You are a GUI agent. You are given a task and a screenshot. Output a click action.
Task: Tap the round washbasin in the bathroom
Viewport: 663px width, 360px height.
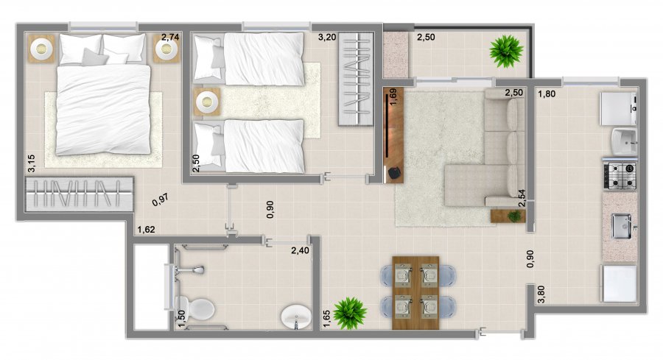(296, 316)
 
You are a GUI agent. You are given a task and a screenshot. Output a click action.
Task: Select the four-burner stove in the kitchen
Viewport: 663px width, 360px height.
(620, 176)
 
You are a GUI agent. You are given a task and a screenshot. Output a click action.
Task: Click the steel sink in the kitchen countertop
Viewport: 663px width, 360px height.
(622, 227)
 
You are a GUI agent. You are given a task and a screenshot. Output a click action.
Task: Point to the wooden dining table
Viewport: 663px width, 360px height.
(415, 292)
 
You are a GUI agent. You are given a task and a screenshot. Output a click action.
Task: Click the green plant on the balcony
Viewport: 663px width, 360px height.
(506, 51)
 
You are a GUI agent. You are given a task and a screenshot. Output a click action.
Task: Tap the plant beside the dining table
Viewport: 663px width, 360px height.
(350, 313)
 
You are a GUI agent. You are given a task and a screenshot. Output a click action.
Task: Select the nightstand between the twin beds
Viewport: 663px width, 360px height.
(207, 102)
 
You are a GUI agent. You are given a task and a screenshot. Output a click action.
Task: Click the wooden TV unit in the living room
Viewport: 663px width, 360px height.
(393, 135)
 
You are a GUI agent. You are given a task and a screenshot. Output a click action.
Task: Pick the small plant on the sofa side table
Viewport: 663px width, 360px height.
(515, 216)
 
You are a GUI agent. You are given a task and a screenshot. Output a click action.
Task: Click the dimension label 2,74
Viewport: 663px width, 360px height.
(170, 37)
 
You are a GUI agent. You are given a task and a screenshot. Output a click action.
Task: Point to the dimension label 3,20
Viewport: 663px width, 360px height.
(327, 38)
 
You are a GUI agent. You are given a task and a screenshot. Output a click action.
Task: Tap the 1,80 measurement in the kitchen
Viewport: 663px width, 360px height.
(547, 93)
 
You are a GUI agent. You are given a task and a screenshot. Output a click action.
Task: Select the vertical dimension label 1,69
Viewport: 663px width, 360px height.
(392, 96)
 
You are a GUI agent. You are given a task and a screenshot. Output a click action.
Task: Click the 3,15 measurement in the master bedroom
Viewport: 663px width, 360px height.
(31, 163)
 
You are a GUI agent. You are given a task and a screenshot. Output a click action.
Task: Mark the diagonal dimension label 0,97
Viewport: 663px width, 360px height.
(161, 200)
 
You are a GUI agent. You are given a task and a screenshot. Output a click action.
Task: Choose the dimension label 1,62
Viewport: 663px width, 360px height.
(147, 230)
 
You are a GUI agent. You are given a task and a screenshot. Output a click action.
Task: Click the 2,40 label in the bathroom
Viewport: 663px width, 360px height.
(300, 250)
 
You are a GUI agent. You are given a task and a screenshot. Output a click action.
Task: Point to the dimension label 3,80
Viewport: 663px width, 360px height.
(541, 294)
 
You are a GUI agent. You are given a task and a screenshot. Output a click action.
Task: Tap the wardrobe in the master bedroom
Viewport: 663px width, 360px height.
(80, 194)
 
